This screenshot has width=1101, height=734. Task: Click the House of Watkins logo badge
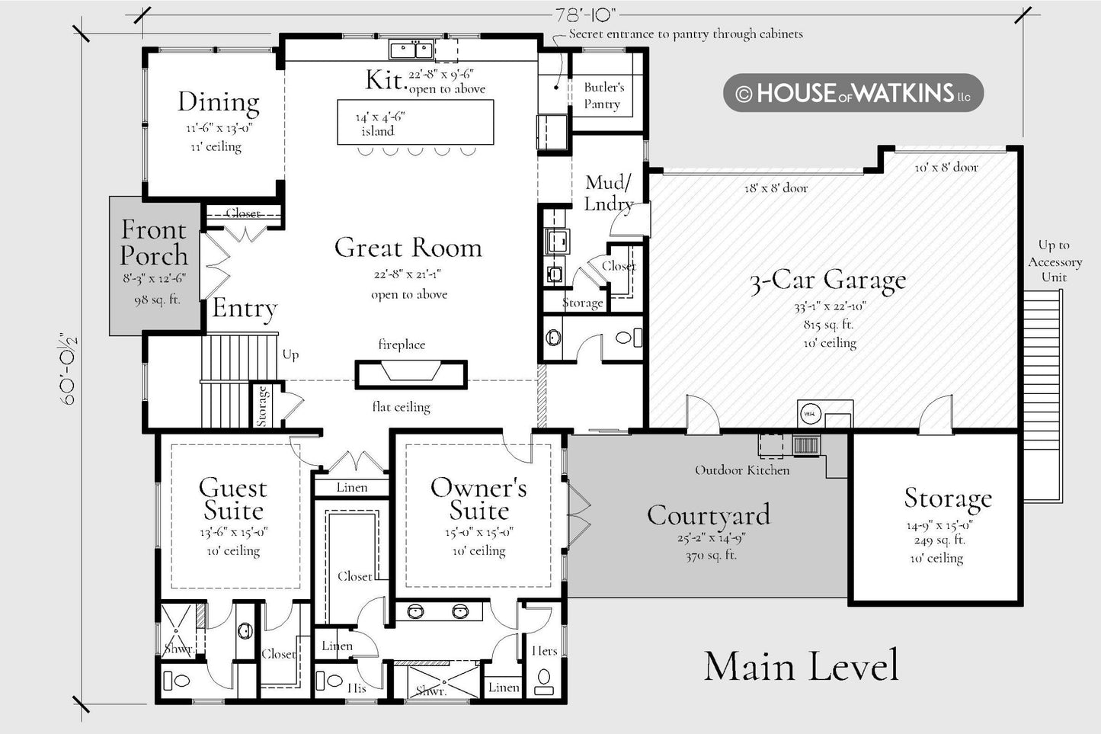(x=853, y=93)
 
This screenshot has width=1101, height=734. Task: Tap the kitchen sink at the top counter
(x=411, y=50)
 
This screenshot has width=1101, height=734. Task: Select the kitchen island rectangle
(x=415, y=122)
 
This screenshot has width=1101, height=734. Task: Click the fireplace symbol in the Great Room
(x=411, y=374)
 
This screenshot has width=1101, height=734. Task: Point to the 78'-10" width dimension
(x=585, y=16)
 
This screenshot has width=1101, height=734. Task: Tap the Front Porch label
(x=154, y=242)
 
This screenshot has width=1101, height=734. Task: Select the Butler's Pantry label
(x=603, y=95)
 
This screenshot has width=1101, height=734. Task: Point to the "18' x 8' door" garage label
(x=776, y=188)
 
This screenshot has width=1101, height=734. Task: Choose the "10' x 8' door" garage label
(x=946, y=168)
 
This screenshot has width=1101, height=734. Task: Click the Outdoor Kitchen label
(x=742, y=470)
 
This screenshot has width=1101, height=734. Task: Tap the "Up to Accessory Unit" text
(x=1055, y=261)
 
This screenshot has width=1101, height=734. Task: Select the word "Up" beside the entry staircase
(x=290, y=355)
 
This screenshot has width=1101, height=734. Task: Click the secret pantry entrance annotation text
(x=686, y=34)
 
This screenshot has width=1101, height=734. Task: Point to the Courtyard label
(x=709, y=514)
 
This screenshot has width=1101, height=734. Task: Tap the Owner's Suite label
(x=478, y=498)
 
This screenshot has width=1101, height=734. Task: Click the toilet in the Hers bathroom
(x=543, y=681)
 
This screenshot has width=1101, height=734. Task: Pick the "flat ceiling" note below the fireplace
(x=401, y=407)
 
